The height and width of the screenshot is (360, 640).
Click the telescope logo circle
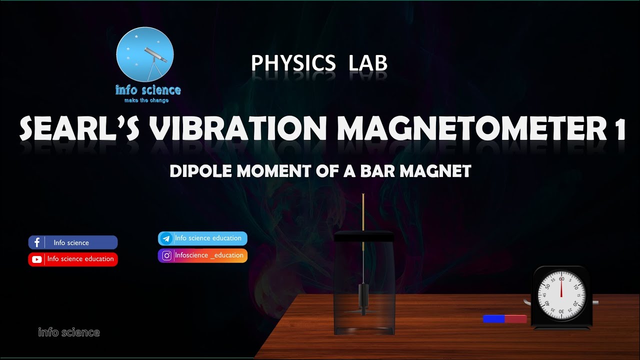144,55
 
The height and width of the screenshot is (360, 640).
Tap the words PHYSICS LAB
319,63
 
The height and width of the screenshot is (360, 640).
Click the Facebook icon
37,242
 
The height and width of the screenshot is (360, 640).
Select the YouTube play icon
37,259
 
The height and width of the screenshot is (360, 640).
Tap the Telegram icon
166,238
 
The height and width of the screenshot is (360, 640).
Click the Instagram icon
166,255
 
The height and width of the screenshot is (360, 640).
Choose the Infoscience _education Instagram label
209,255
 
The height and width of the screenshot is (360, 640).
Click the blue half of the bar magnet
493,318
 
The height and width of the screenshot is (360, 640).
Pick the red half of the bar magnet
516,318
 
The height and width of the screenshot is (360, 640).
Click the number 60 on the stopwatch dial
561,278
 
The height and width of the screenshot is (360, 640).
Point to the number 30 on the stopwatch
561,311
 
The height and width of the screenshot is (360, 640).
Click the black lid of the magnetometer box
364,236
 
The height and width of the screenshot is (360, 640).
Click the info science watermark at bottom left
69,332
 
